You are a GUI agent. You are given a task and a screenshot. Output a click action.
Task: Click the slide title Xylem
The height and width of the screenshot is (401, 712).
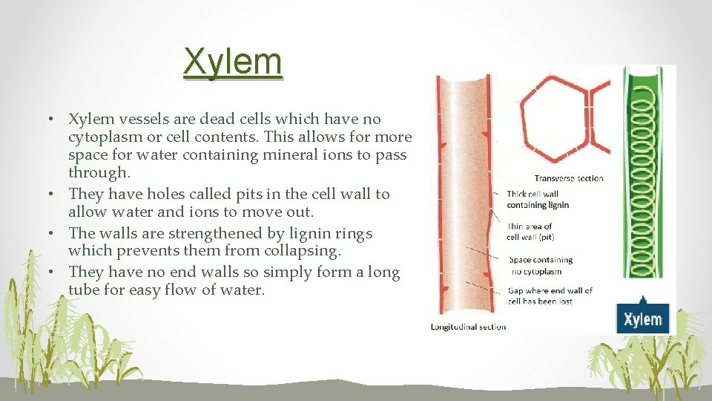(x=234, y=62)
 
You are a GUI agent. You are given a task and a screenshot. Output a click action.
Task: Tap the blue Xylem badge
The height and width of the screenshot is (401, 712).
(x=642, y=319)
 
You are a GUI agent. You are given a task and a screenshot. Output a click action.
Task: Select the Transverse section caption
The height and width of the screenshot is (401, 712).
(x=569, y=178)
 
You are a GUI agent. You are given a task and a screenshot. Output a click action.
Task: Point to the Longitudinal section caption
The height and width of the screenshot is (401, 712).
(x=469, y=327)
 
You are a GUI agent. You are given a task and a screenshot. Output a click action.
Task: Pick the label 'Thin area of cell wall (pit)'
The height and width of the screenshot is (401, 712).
(x=530, y=232)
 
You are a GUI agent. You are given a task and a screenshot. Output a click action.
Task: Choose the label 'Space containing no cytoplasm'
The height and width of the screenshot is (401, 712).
(x=541, y=266)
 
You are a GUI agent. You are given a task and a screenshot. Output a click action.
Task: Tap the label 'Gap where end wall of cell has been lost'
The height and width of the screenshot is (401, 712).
(x=550, y=296)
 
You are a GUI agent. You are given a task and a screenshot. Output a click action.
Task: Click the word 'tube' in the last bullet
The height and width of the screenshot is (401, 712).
(x=85, y=290)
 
